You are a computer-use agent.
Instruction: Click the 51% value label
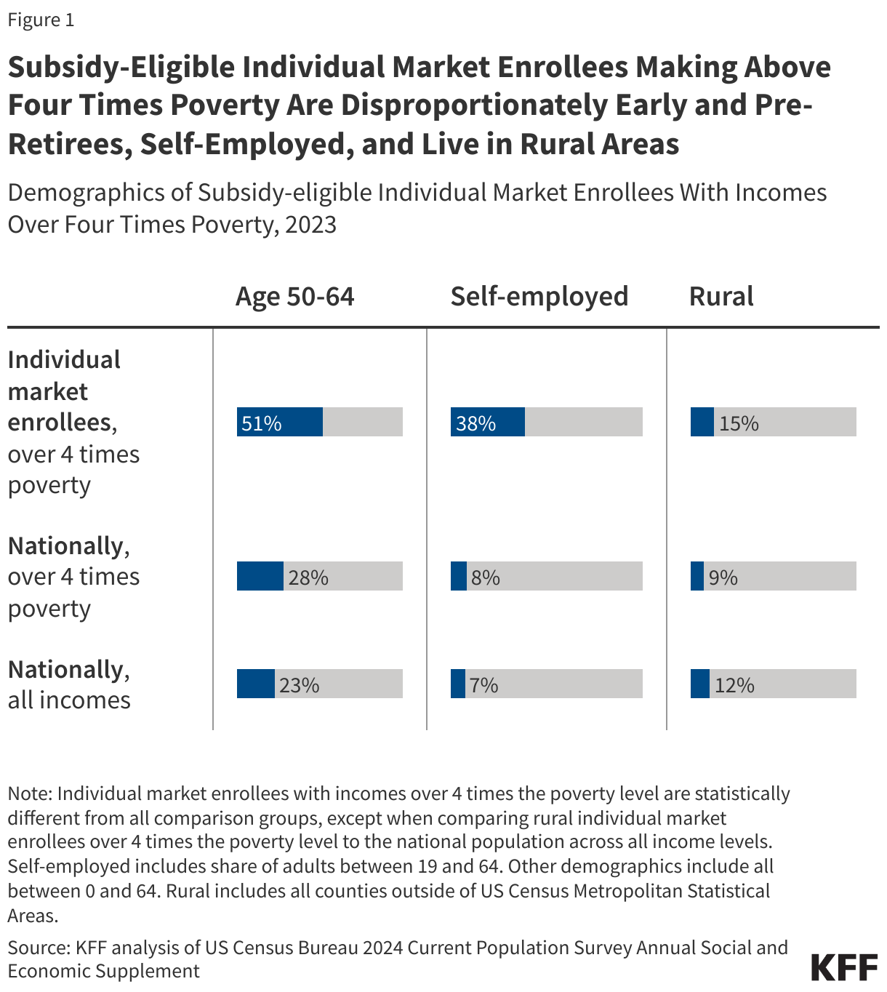[261, 423]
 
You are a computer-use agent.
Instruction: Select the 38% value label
[476, 423]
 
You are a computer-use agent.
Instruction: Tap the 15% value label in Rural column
[739, 423]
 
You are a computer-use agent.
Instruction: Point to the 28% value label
[308, 577]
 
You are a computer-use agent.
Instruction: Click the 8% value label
[485, 577]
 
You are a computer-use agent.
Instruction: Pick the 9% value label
[723, 577]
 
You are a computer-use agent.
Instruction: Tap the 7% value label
[483, 685]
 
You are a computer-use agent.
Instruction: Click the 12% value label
[734, 685]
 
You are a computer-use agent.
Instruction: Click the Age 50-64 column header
[294, 297]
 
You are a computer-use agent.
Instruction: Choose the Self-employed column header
[539, 297]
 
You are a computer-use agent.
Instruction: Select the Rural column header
[721, 297]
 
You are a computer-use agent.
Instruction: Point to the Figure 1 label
[41, 20]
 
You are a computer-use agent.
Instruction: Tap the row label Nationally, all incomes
[69, 684]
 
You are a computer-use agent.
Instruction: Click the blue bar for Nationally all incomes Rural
[699, 684]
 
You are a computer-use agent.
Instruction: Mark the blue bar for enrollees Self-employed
[487, 422]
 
